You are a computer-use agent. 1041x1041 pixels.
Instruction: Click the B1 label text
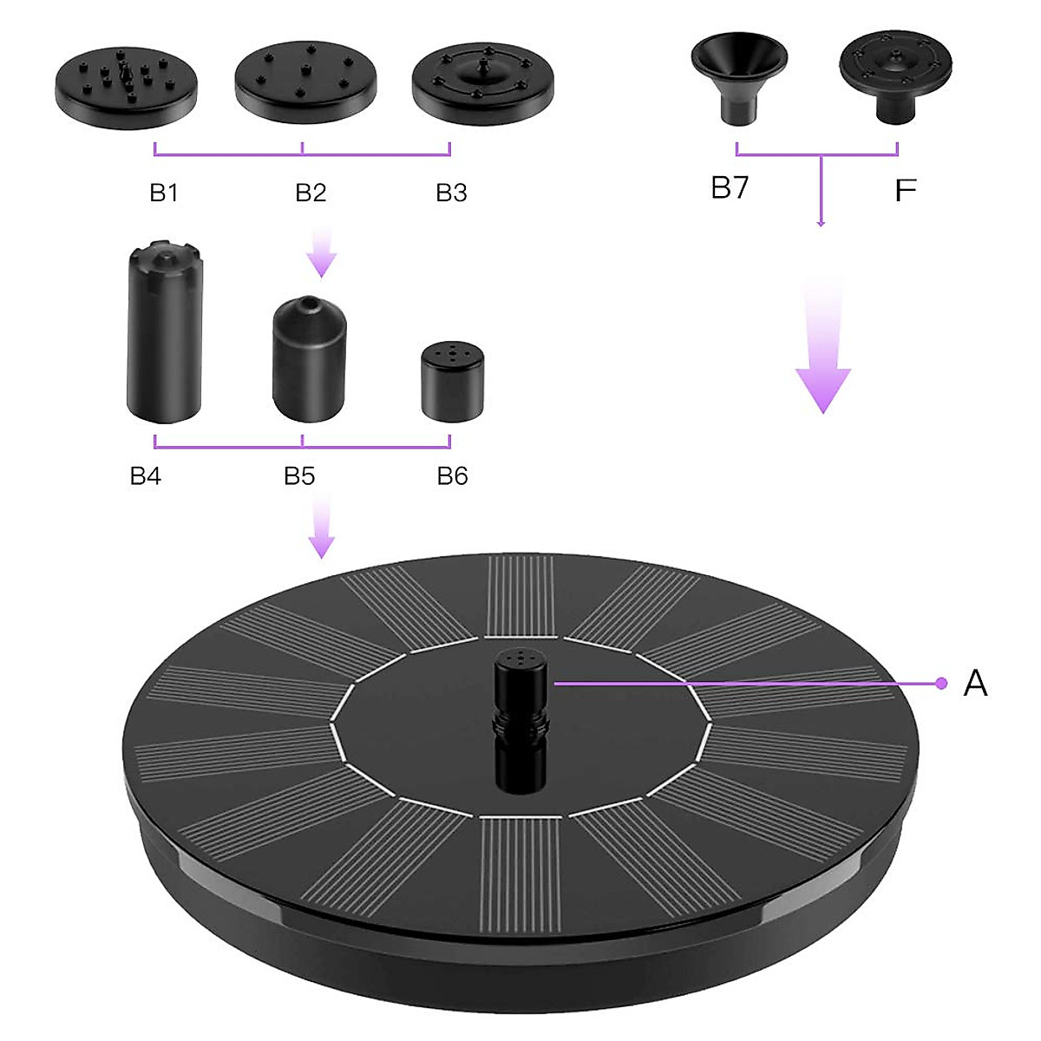(164, 193)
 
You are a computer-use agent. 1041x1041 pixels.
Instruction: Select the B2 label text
(311, 193)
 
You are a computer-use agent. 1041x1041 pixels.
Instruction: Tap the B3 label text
(451, 193)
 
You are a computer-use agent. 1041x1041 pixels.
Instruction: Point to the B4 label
(146, 475)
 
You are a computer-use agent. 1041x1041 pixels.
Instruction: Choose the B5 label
(299, 475)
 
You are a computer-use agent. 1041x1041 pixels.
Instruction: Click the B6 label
(452, 475)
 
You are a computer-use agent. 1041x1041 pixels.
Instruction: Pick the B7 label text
(730, 187)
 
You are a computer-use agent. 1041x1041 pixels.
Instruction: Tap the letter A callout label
(975, 684)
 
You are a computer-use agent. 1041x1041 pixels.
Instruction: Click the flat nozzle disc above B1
(127, 86)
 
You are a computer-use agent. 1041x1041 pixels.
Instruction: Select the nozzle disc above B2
(305, 83)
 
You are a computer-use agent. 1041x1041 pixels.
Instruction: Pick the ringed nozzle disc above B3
(482, 82)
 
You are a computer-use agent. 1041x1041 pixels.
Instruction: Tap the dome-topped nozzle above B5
(309, 359)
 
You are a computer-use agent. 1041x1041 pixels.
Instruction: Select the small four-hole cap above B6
(451, 382)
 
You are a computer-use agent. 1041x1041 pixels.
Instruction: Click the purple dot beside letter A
(941, 684)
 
